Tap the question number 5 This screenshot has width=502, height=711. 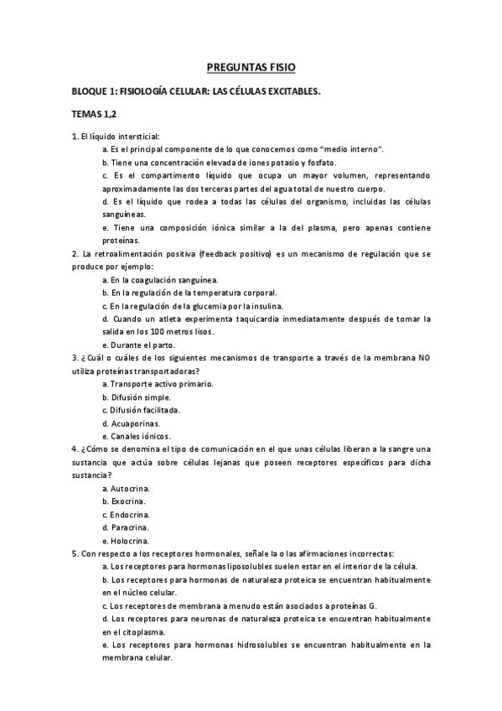(75, 554)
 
